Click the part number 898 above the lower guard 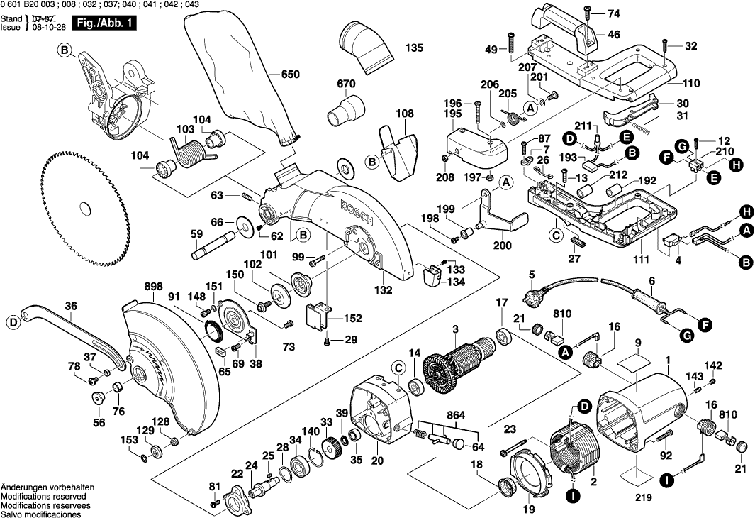pyautogui.click(x=153, y=286)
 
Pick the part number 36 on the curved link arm pyautogui.click(x=70, y=307)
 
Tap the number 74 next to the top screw pyautogui.click(x=613, y=13)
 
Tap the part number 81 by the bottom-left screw pyautogui.click(x=214, y=486)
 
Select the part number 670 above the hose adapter pyautogui.click(x=346, y=84)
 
